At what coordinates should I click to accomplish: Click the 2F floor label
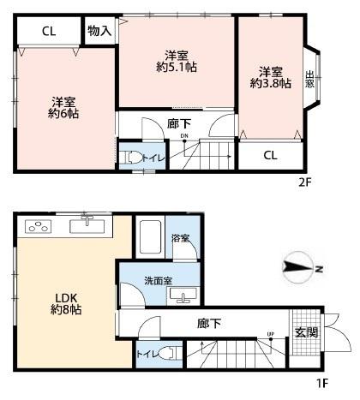coord(304,182)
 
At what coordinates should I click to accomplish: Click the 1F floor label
coord(322,383)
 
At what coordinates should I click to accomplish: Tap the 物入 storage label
coord(99,31)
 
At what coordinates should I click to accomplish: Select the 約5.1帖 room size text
coord(177,68)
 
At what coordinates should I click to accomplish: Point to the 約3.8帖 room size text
coord(271,83)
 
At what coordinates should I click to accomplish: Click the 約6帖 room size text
coord(63,114)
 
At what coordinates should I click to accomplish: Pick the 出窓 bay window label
coord(309,79)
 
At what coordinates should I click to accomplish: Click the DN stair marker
coord(184,136)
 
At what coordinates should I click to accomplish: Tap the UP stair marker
coord(271,334)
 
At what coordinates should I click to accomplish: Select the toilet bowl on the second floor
coord(132,158)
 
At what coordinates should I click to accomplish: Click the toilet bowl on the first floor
coord(170,354)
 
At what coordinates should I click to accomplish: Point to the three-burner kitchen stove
coord(39,226)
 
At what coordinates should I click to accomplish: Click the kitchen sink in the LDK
coord(87,225)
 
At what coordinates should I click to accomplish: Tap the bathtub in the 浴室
coord(150,237)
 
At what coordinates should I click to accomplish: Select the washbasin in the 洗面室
coord(183,295)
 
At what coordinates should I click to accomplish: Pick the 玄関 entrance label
coord(306,332)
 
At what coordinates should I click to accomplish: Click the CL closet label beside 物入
coord(49,31)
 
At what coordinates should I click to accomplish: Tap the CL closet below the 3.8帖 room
coord(270,156)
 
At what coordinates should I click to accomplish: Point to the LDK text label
coord(66,298)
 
